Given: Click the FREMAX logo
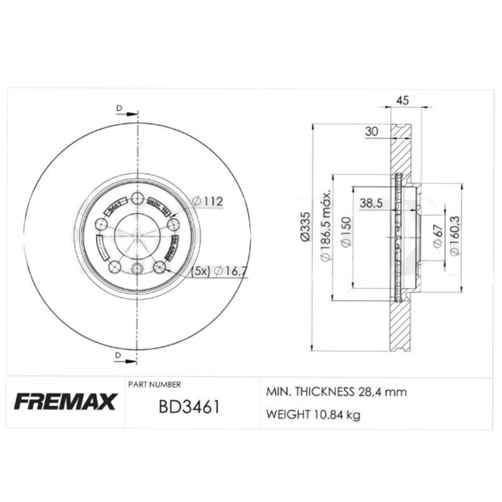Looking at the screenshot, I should pos(65,402).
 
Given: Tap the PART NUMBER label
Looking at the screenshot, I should pos(154,384).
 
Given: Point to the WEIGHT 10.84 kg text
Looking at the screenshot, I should pos(313,415).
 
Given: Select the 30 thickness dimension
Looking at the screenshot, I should pos(371,131).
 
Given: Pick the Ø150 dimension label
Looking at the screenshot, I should pos(344,233).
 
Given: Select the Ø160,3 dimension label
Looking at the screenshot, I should pos(455,236).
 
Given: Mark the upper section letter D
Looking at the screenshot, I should pos(118,108).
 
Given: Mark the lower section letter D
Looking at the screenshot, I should pos(118,356).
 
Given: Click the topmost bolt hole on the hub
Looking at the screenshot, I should pos(137,199).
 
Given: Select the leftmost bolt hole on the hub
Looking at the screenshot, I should pos(100,225).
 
